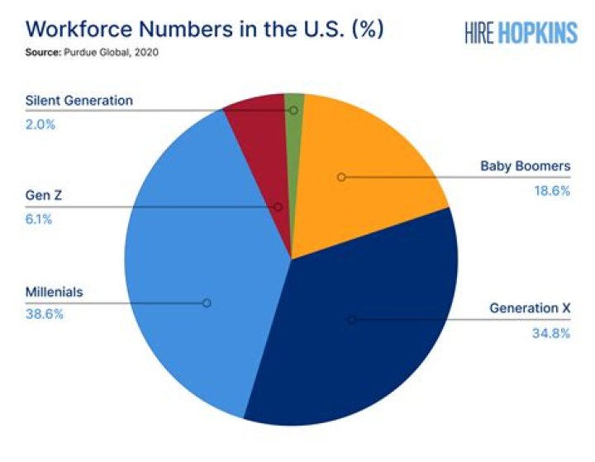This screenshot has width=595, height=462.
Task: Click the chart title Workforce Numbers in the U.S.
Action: tap(204, 29)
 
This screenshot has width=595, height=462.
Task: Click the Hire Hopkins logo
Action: tap(520, 31)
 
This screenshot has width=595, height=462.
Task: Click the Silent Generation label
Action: tap(79, 101)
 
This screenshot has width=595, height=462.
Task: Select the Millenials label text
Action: tap(55, 293)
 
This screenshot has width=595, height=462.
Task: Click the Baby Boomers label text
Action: tap(526, 167)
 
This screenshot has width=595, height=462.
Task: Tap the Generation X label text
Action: tap(530, 308)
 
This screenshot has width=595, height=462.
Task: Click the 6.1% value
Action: tap(40, 220)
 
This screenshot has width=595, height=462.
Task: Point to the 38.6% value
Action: tap(45, 315)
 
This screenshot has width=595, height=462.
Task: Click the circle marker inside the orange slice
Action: tap(341, 177)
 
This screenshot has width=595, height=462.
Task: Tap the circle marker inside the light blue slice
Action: tap(207, 303)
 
